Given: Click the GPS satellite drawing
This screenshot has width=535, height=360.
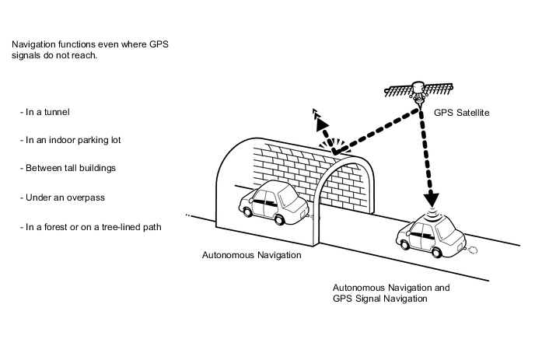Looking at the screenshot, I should click(418, 92).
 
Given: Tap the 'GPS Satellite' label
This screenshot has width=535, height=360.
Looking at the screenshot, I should click(461, 113).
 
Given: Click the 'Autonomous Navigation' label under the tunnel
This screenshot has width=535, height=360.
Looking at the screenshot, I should click(251, 255).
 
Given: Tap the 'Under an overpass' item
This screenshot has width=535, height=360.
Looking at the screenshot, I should click(62, 197).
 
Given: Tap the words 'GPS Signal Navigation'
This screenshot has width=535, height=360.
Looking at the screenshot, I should click(380, 299).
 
